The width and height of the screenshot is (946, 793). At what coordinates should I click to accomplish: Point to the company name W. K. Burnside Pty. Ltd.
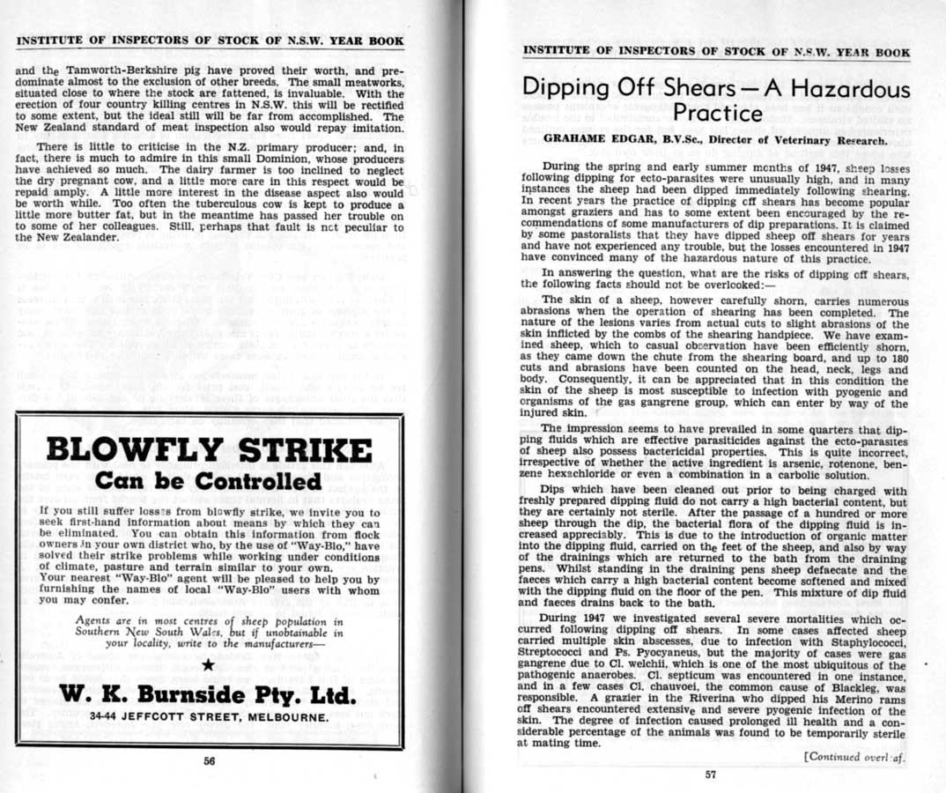click(x=208, y=695)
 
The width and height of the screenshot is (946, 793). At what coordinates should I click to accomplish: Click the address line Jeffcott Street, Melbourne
click(x=208, y=717)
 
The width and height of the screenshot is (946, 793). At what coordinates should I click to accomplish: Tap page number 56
click(x=210, y=762)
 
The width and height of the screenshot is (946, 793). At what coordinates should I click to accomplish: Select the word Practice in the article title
click(x=715, y=115)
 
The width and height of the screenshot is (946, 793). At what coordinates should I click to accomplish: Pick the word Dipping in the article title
click(x=566, y=90)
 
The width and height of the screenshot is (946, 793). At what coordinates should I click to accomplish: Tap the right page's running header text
click(x=716, y=52)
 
